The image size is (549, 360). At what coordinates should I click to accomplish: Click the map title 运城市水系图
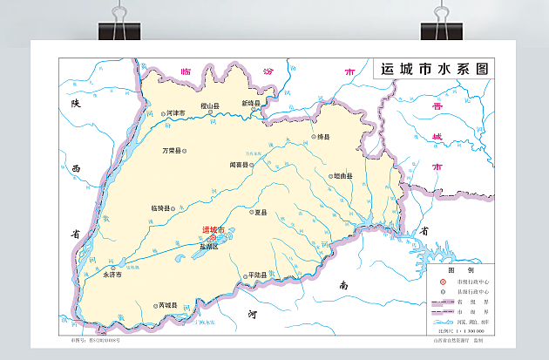coord(434,69)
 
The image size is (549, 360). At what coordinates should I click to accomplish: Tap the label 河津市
coord(175,113)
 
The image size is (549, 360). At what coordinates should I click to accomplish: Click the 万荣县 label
coord(171,151)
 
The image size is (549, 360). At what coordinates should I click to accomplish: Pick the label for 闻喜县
coord(239,164)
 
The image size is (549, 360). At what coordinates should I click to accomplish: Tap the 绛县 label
coord(323,137)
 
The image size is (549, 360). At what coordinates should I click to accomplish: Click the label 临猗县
coord(160,208)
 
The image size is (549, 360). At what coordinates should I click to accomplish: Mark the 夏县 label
coord(260,212)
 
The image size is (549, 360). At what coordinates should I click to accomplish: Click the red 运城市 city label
coord(213,230)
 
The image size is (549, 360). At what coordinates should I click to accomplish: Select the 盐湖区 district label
coord(210,247)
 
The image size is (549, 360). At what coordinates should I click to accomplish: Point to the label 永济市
coord(113,274)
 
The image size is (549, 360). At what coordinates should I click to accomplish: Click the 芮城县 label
coord(166,305)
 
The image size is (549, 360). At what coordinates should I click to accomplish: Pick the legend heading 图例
coord(454,271)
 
